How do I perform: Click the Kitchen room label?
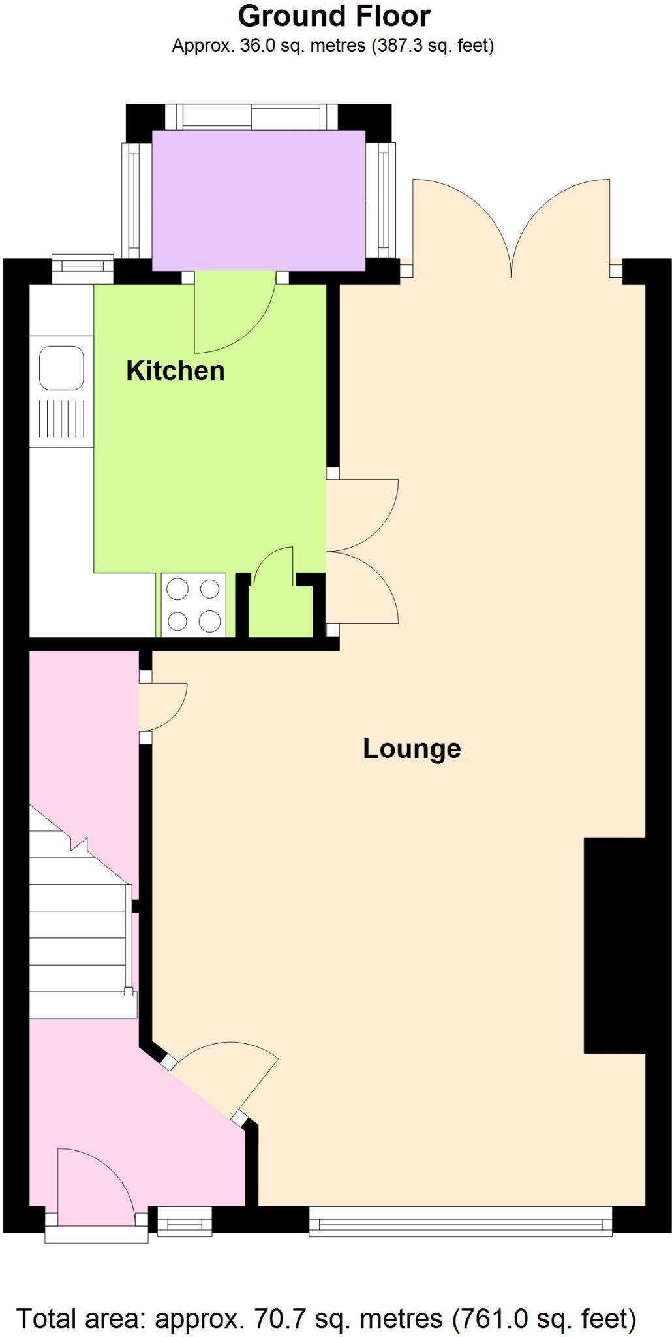pos(175,370)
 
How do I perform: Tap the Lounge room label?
pos(411,748)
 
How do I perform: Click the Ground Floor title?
pos(334,16)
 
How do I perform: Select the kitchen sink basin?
pos(62,368)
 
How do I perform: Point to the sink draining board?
pos(62,418)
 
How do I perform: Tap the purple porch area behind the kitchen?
pos(258,200)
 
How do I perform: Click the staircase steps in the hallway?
pos(78,927)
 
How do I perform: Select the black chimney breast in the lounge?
pos(614,945)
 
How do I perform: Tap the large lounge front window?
pos(460,1221)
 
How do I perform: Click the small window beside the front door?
pos(185,1221)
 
